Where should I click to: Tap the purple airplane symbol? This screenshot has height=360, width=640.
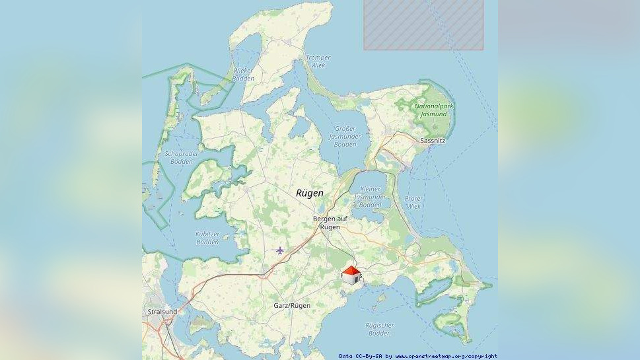pyautogui.click(x=280, y=250)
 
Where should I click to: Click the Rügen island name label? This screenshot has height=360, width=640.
pyautogui.click(x=310, y=193)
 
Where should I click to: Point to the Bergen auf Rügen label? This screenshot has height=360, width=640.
pyautogui.click(x=330, y=223)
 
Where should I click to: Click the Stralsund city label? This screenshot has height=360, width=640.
pyautogui.click(x=161, y=311)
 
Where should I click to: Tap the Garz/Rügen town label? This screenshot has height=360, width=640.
pyautogui.click(x=292, y=306)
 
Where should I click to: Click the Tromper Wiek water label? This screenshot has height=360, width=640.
pyautogui.click(x=318, y=61)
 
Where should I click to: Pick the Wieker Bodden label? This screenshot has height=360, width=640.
pyautogui.click(x=244, y=75)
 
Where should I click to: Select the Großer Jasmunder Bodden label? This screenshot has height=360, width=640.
pyautogui.click(x=345, y=136)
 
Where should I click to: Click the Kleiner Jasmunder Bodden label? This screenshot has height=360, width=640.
pyautogui.click(x=370, y=197)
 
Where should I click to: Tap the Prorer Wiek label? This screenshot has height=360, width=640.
pyautogui.click(x=413, y=202)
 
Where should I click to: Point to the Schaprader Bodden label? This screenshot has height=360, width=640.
pyautogui.click(x=181, y=157)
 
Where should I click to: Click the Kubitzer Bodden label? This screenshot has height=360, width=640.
pyautogui.click(x=207, y=238)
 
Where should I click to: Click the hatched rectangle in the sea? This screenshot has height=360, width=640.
pyautogui.click(x=423, y=24)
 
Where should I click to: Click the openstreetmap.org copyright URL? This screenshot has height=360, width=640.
pyautogui.click(x=446, y=356)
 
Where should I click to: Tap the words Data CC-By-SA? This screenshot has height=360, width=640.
pyautogui.click(x=361, y=356)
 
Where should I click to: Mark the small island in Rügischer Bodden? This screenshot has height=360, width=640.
pyautogui.click(x=378, y=301)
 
